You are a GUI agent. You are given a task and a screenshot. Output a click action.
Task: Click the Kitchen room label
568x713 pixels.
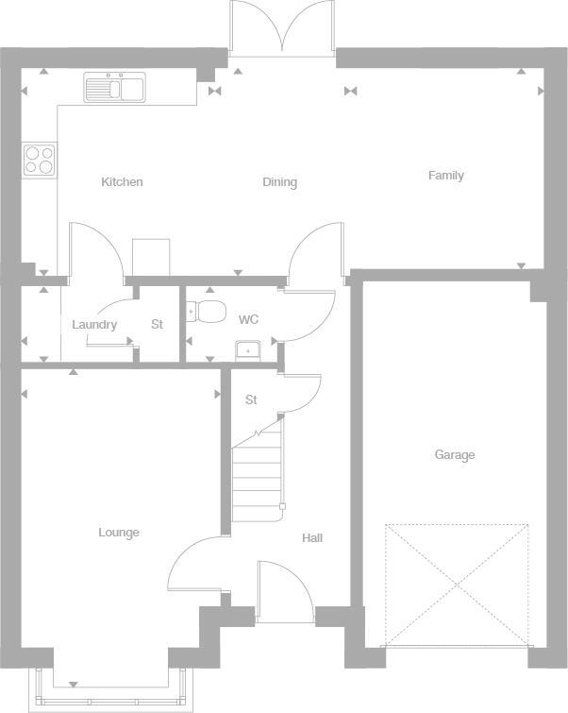pyautogui.click(x=122, y=182)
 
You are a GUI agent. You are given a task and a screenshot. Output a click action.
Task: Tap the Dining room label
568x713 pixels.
pyautogui.click(x=279, y=182)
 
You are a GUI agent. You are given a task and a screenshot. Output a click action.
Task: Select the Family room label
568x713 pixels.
pyautogui.click(x=445, y=176)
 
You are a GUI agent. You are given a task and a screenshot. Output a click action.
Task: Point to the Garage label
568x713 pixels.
pyautogui.click(x=454, y=455)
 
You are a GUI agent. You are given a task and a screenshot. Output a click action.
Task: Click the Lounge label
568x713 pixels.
pyautogui.click(x=119, y=533)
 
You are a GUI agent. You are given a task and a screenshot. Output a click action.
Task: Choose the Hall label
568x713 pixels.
pyautogui.click(x=312, y=538)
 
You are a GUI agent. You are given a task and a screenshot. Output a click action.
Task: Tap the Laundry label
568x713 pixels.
pyautogui.click(x=94, y=325)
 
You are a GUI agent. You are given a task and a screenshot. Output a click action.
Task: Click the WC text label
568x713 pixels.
pyautogui.click(x=248, y=320)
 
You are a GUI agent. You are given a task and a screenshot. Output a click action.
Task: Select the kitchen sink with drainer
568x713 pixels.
pyautogui.click(x=113, y=88)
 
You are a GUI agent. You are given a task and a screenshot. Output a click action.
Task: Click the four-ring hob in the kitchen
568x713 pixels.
pyautogui.click(x=39, y=159)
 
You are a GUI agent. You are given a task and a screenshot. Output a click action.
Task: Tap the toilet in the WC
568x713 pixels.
pyautogui.click(x=207, y=311)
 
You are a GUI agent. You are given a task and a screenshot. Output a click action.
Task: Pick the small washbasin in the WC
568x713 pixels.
pyautogui.click(x=248, y=349)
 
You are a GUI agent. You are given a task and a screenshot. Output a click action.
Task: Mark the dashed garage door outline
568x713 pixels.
pyautogui.click(x=457, y=586)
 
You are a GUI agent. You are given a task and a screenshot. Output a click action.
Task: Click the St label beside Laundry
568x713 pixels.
pyautogui.click(x=158, y=325)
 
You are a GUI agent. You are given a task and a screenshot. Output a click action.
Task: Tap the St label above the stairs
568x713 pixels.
pyautogui.click(x=251, y=400)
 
